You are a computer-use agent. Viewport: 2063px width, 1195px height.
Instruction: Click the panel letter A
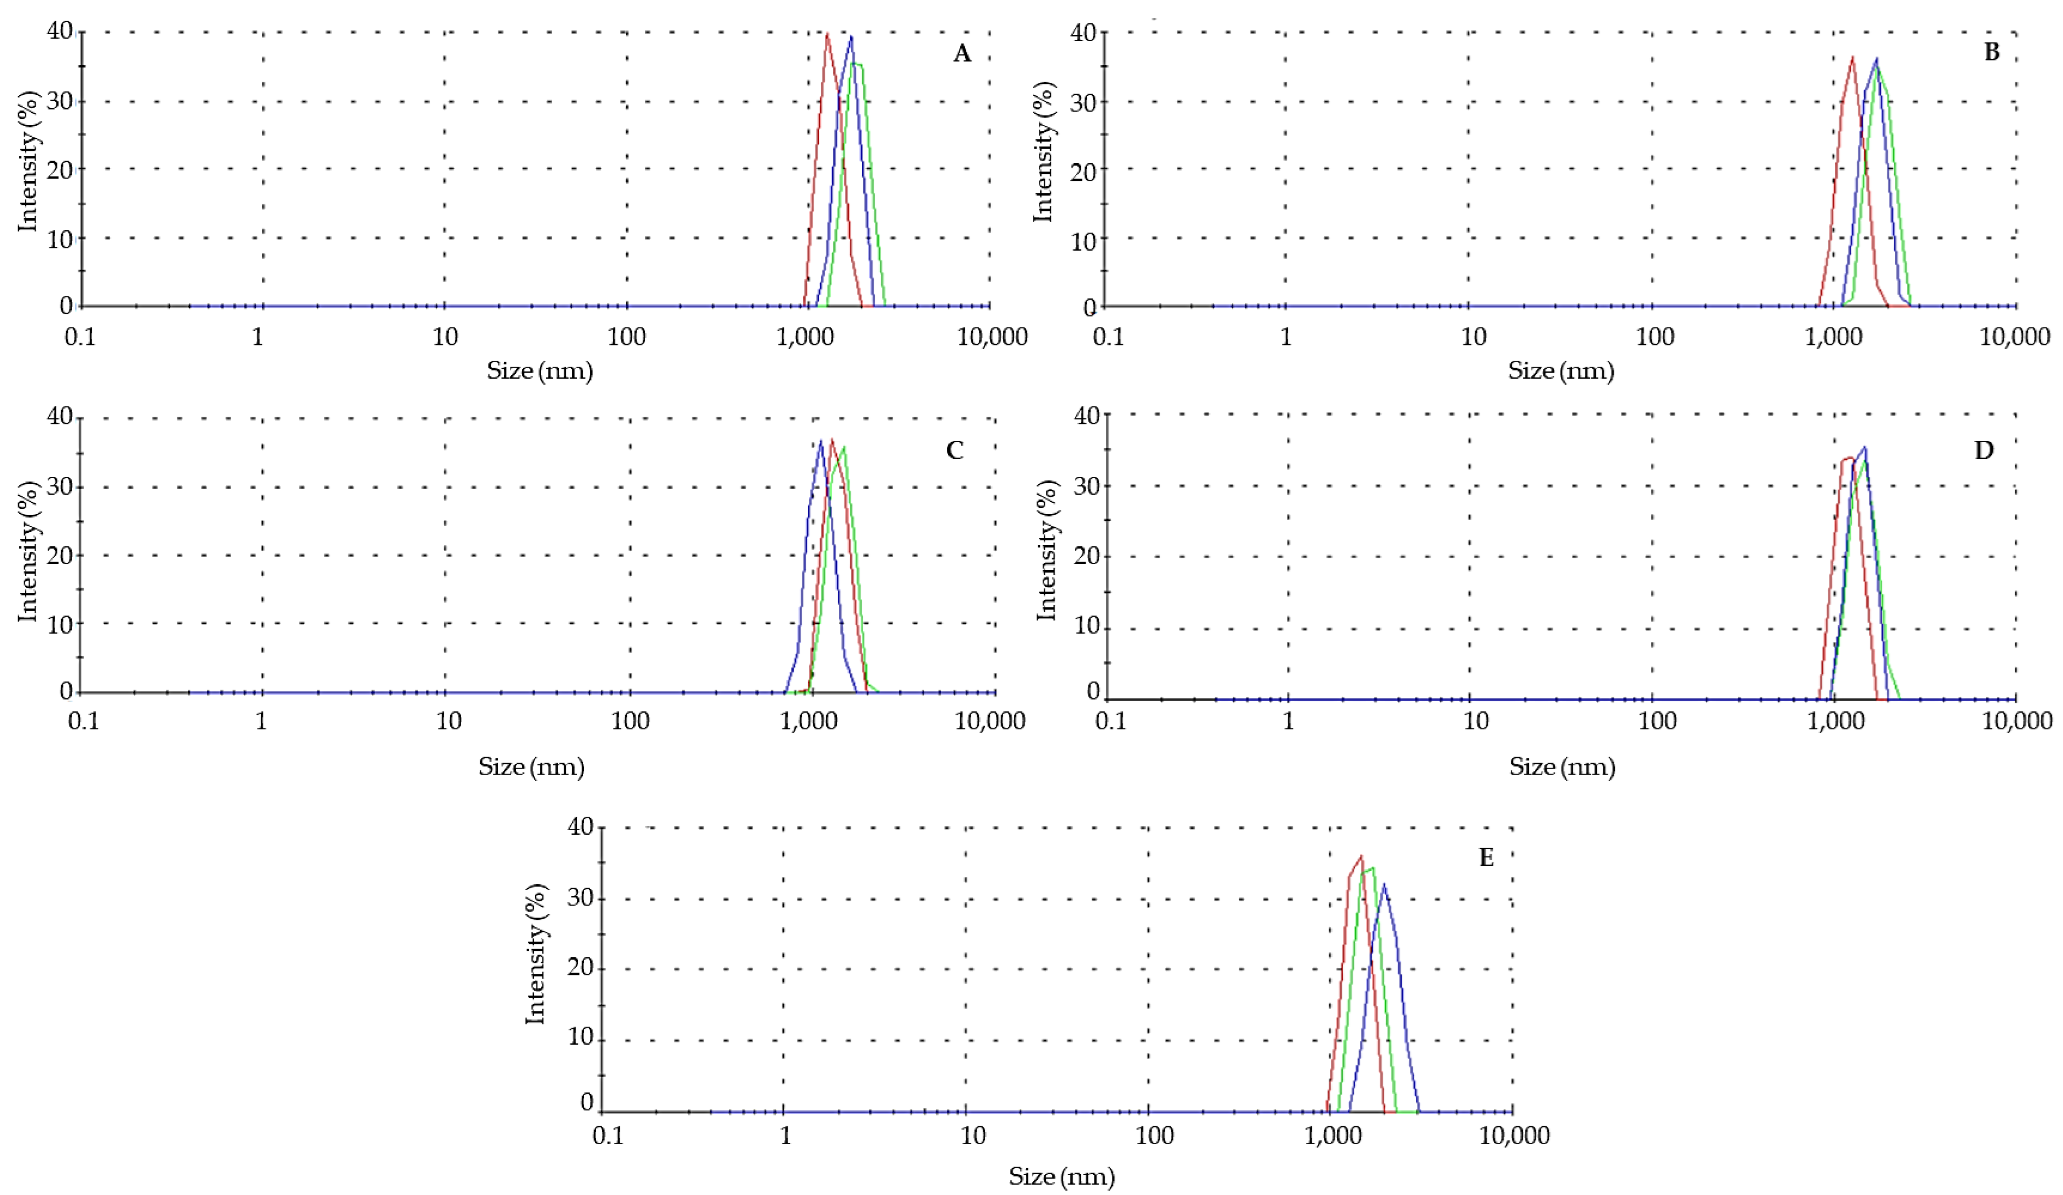[962, 54]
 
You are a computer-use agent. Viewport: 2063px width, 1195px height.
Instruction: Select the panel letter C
[955, 450]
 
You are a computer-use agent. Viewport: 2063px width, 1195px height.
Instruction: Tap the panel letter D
[1983, 450]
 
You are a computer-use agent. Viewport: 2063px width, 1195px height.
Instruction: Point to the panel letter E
[1486, 857]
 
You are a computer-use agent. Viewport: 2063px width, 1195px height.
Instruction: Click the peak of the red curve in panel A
[828, 34]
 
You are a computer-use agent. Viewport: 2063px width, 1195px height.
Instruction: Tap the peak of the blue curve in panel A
[852, 37]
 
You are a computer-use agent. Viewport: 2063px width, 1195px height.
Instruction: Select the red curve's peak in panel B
[1853, 57]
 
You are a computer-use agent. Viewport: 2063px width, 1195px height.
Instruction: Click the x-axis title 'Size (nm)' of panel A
[539, 371]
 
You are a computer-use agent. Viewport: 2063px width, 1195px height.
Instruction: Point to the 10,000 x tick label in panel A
[992, 336]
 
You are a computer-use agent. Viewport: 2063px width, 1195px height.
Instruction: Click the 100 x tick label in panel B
[1655, 336]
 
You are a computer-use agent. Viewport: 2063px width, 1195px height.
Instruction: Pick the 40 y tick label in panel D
[1087, 416]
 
